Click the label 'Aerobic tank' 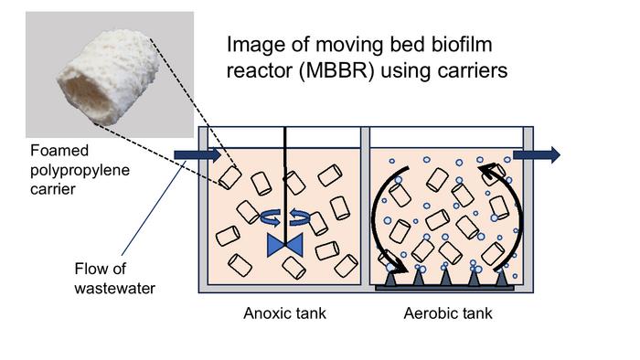[448, 314]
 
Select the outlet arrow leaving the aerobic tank [536, 156]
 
